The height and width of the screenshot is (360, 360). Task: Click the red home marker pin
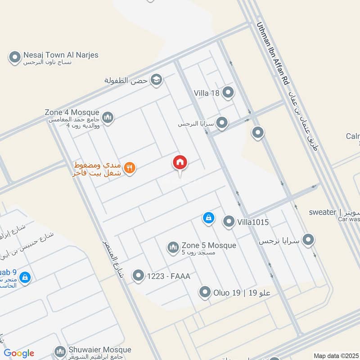coord(180,163)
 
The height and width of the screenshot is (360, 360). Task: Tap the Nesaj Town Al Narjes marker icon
coord(15,57)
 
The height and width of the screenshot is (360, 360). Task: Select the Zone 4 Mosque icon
coord(108,118)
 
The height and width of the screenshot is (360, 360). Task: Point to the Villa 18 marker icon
coord(229,93)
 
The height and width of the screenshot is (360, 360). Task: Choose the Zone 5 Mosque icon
coord(173,247)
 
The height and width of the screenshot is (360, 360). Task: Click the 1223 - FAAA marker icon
coord(139,276)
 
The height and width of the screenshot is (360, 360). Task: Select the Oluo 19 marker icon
coord(205,292)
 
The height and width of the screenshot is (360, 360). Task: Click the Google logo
coord(19,353)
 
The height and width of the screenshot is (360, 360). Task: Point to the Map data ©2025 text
coord(335,356)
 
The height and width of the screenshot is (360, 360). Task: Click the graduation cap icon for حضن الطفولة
coord(156,80)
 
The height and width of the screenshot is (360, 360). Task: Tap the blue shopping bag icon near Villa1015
coord(208,218)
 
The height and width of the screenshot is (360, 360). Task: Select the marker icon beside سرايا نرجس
coord(308,240)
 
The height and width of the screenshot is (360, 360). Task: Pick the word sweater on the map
coord(323,211)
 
